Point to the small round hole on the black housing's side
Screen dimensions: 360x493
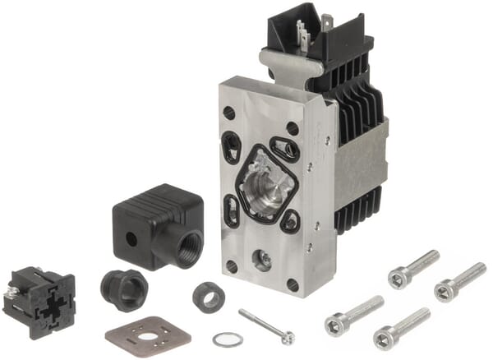coord(131,239)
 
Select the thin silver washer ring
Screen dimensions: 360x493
coord(227,339)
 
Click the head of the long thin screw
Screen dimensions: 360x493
coord(287,336)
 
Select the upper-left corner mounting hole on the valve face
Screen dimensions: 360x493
coord(228,113)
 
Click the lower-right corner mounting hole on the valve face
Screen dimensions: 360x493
coord(293,285)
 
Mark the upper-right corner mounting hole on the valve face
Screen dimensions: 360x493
coord(293,128)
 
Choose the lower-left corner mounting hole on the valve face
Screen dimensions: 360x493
coord(232,267)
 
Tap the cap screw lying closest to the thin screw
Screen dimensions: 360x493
coord(353,312)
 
